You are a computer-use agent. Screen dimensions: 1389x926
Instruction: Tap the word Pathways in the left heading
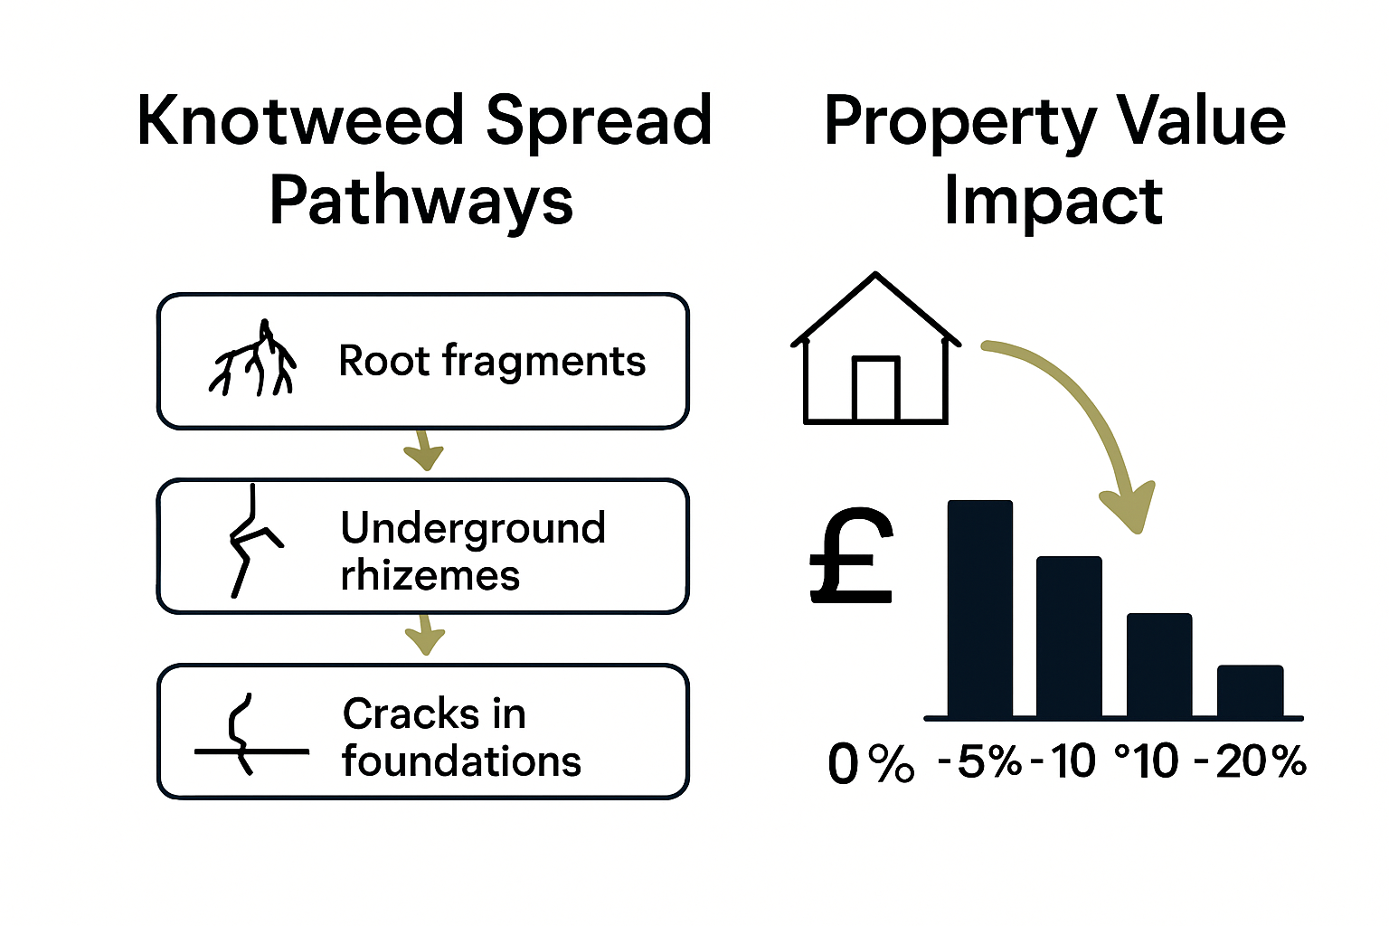(x=421, y=200)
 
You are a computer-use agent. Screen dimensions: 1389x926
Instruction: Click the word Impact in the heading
(x=1053, y=200)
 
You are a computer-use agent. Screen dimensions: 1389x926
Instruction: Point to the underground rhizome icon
(x=250, y=541)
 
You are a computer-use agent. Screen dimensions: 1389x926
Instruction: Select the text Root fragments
(x=492, y=361)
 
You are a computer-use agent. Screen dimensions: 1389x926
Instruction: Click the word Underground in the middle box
(x=473, y=528)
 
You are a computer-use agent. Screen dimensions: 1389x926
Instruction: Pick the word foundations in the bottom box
(x=461, y=761)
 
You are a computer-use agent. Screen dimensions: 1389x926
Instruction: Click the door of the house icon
(x=874, y=390)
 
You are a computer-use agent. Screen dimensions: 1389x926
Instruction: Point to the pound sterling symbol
(x=851, y=556)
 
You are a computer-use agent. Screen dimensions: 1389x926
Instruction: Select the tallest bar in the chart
(x=979, y=609)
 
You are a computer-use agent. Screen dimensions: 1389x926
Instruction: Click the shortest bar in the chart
(x=1250, y=691)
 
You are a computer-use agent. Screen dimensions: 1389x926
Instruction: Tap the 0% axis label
(x=871, y=764)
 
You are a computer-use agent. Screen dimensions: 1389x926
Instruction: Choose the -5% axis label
(x=979, y=761)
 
